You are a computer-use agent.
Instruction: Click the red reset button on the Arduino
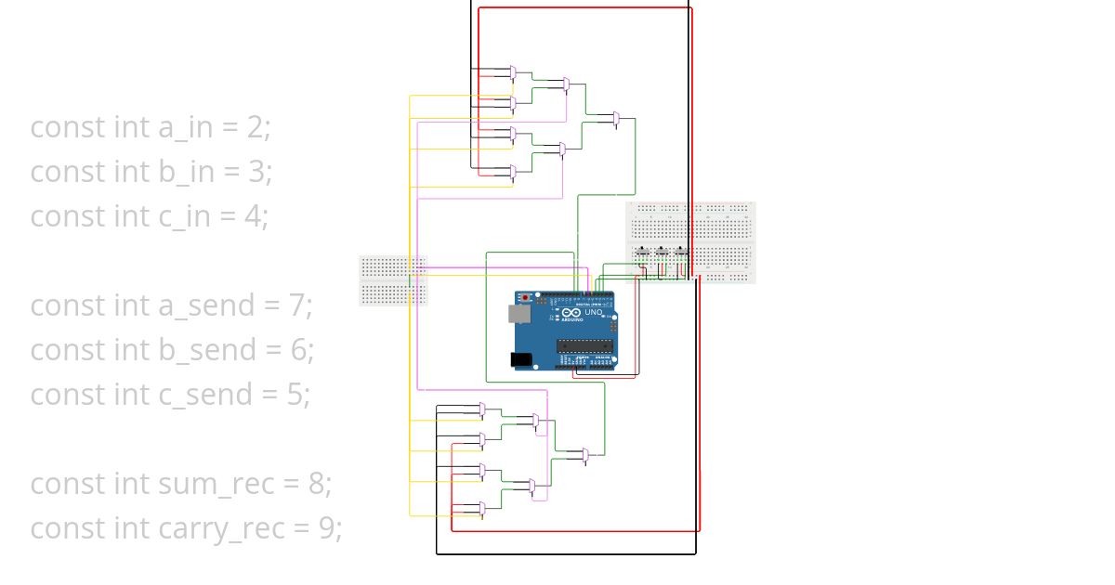[x=528, y=297]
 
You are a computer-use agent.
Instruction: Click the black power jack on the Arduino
[x=521, y=359]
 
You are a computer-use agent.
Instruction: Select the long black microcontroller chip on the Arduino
[x=585, y=346]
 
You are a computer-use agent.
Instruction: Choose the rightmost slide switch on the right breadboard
[x=683, y=251]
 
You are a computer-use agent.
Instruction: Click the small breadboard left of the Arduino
[x=393, y=280]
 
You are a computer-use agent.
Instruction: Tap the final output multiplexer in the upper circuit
[x=616, y=119]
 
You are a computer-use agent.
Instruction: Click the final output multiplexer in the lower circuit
[x=584, y=456]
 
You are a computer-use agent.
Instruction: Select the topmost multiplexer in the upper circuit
[x=513, y=71]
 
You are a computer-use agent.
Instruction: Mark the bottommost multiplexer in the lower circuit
[x=481, y=509]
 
